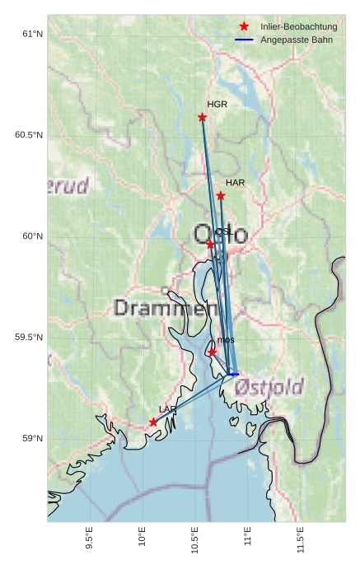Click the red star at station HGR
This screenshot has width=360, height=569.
pyautogui.click(x=203, y=117)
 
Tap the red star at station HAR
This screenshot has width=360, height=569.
pyautogui.click(x=221, y=196)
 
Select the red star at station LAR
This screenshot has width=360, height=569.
pyautogui.click(x=153, y=422)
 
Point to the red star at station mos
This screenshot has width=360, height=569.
pyautogui.click(x=213, y=352)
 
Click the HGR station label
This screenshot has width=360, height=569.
pyautogui.click(x=217, y=105)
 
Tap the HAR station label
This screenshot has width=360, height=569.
pyautogui.click(x=235, y=183)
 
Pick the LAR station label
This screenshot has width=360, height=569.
pyautogui.click(x=167, y=409)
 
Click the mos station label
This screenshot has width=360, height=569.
pyautogui.click(x=227, y=340)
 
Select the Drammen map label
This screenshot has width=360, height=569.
pyautogui.click(x=160, y=309)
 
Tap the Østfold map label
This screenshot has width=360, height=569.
pyautogui.click(x=269, y=386)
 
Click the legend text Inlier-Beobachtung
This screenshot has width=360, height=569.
pyautogui.click(x=299, y=27)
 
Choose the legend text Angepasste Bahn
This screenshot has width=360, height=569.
pyautogui.click(x=297, y=40)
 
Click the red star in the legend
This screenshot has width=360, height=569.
pyautogui.click(x=244, y=27)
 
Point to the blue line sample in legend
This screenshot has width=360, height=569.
pyautogui.click(x=244, y=40)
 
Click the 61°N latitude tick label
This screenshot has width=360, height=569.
pyautogui.click(x=31, y=34)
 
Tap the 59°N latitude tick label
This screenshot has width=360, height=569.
pyautogui.click(x=31, y=438)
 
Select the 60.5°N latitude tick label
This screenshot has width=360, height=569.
pyautogui.click(x=28, y=135)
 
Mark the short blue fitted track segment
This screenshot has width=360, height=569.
pyautogui.click(x=233, y=375)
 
